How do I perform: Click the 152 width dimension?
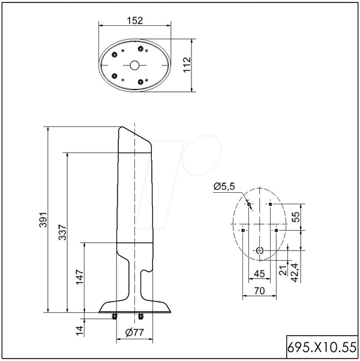pos(135,20)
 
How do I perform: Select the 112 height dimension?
pos(187,65)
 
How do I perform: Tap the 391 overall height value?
pos(43,220)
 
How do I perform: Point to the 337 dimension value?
pos(62,232)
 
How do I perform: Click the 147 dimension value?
pos(80,277)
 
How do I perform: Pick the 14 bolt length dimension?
pos(80,331)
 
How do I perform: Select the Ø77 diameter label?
pos(134,332)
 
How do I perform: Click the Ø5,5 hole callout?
pos(224,186)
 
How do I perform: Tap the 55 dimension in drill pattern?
pos(296,217)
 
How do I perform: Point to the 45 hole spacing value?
pos(259,274)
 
